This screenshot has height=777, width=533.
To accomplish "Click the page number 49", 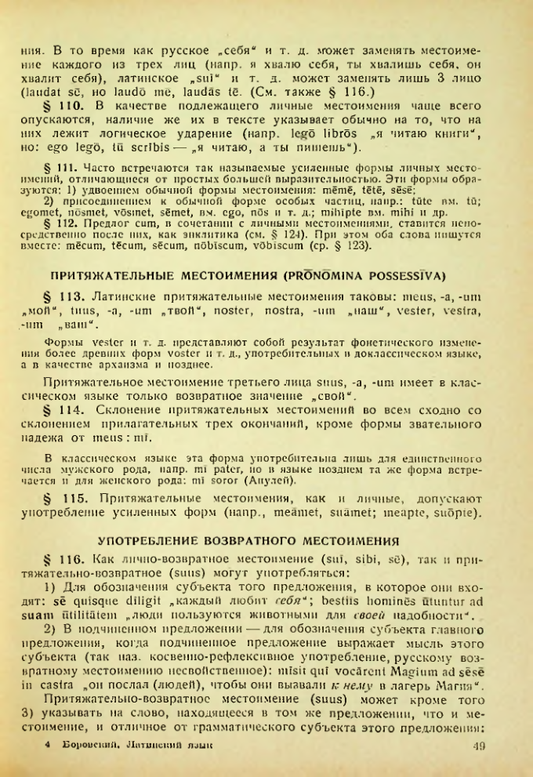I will click(x=480, y=744).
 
